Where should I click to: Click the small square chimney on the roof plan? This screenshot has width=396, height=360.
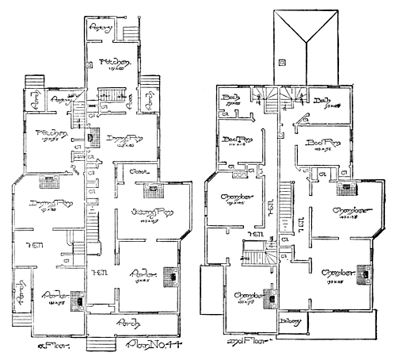click(x=281, y=61)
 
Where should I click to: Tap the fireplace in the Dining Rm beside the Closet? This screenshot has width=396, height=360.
click(x=93, y=136)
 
